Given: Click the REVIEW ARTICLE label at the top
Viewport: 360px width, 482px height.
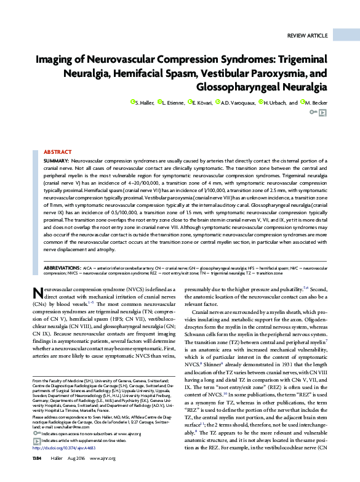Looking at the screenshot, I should [308, 36].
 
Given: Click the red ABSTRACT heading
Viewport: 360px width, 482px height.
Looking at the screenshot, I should [57, 151].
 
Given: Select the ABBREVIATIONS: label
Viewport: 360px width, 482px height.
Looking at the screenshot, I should [63, 268].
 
